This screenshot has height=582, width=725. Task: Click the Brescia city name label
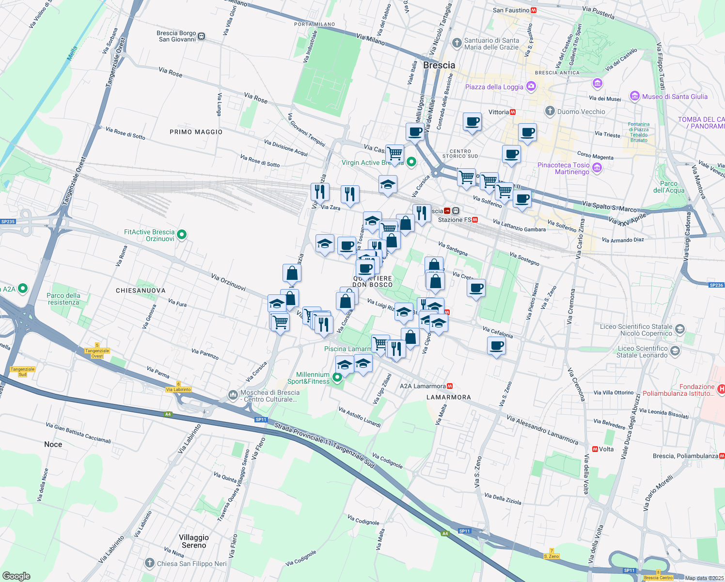pos(439,65)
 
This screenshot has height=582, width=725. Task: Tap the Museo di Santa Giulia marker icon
pos(634,97)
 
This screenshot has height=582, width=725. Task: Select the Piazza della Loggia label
pos(494,87)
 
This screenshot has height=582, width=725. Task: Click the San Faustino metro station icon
pos(534,10)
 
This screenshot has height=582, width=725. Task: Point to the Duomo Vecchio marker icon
pos(549,111)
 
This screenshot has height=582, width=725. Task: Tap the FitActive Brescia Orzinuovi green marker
pos(182,235)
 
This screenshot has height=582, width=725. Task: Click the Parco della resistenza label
pos(63,299)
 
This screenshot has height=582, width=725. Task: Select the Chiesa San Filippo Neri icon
pos(150,563)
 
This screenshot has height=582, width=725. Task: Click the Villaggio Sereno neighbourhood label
pos(194,541)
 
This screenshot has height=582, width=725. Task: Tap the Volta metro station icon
pos(595,449)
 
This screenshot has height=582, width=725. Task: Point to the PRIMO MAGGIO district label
pos(196,132)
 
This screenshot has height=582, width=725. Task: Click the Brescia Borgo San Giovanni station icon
pos(202,36)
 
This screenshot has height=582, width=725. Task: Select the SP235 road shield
pos(8,222)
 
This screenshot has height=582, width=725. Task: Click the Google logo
pos(16,576)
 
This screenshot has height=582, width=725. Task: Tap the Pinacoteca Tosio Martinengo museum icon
pos(597,168)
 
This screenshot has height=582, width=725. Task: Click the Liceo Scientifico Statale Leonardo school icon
pos(675,351)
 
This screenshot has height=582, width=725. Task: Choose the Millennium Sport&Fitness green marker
pos(337,378)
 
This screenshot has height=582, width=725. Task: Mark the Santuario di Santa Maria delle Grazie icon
pos(456,44)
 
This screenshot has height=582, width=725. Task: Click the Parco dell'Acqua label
pos(669,187)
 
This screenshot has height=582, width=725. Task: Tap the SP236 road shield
pos(716,285)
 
